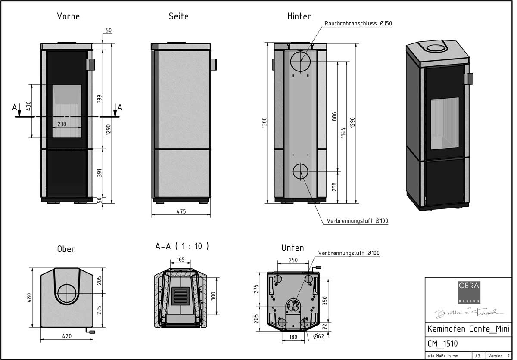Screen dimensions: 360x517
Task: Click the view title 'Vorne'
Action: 68,16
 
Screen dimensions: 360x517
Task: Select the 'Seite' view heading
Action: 178,16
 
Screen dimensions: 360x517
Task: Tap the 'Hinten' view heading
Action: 299,16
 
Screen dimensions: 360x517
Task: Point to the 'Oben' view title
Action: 66,249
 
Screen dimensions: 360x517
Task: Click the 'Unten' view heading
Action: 293,248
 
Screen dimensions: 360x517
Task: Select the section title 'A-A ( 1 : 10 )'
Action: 182,246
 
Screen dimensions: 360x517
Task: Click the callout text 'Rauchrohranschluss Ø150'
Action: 358,24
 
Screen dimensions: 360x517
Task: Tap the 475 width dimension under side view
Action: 181,211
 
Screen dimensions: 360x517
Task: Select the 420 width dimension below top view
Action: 66,336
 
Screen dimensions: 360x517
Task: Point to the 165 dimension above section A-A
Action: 181,260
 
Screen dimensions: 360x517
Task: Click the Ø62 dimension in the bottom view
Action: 319,336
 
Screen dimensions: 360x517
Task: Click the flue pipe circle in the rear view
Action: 300,62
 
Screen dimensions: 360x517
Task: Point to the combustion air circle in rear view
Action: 300,171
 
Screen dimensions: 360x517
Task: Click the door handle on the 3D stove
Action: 468,79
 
